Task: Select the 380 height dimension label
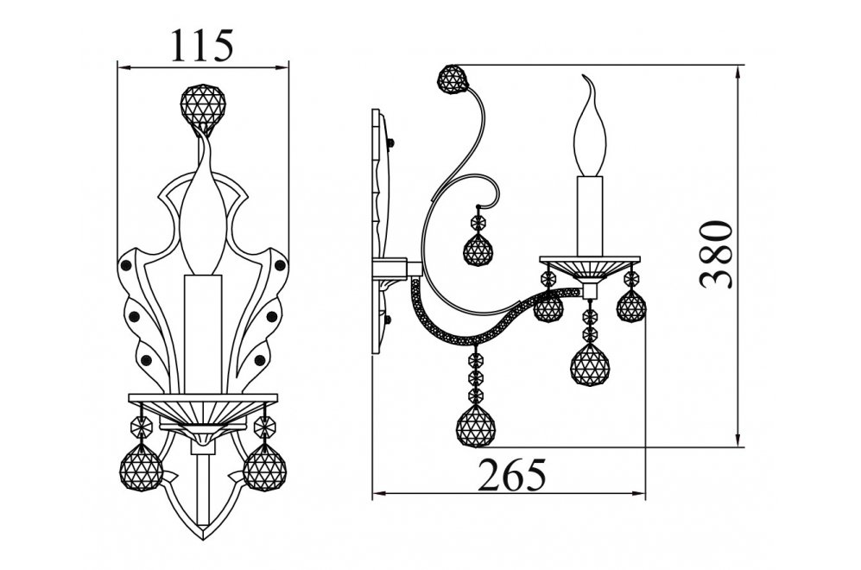pos(716,254)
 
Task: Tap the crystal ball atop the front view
pos(203,108)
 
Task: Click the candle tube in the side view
pos(591,216)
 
